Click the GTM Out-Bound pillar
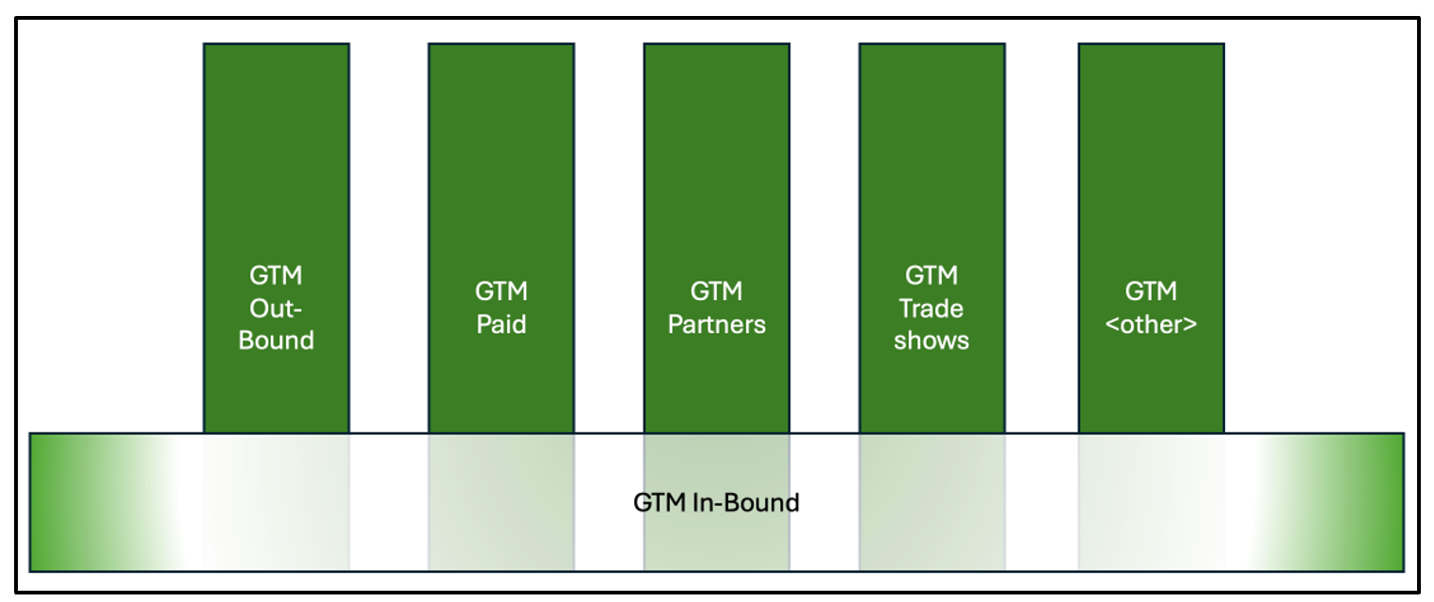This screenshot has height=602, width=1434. pyautogui.click(x=276, y=188)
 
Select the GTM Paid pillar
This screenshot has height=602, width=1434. pyautogui.click(x=501, y=188)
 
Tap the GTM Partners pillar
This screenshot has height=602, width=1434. pyautogui.click(x=716, y=188)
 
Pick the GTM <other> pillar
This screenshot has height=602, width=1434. pyautogui.click(x=1151, y=188)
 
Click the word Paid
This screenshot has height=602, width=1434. pyautogui.click(x=501, y=325)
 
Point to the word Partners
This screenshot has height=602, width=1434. pyautogui.click(x=717, y=325)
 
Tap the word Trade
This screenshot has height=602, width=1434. pyautogui.click(x=932, y=309)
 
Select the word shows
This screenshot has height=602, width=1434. pyautogui.click(x=932, y=341)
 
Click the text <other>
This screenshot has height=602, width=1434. pyautogui.click(x=1151, y=325)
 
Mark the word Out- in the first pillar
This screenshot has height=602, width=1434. pyautogui.click(x=276, y=309)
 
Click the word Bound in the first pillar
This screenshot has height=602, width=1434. pyautogui.click(x=276, y=341)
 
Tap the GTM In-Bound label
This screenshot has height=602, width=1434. pyautogui.click(x=716, y=502)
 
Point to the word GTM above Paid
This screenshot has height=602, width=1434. pyautogui.click(x=501, y=292)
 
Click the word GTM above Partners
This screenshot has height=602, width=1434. pyautogui.click(x=716, y=292)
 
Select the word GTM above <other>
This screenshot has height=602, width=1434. pyautogui.click(x=1151, y=292)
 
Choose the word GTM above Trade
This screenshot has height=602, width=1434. pyautogui.click(x=932, y=276)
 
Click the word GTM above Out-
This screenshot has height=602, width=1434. pyautogui.click(x=276, y=276)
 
